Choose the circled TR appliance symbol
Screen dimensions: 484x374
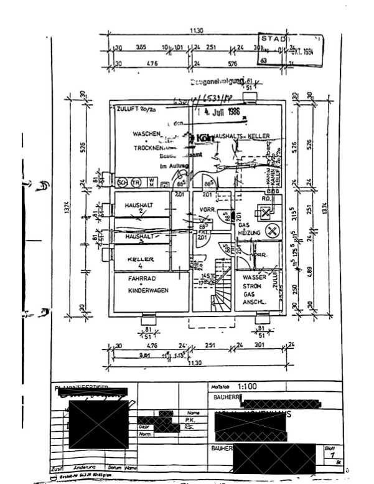[134, 182]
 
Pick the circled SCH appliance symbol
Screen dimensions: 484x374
[123, 182]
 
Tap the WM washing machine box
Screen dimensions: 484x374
[151, 181]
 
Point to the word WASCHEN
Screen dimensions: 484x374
[146, 134]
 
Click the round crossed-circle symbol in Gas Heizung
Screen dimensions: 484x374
[271, 231]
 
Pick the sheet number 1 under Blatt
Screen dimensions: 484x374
[329, 456]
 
